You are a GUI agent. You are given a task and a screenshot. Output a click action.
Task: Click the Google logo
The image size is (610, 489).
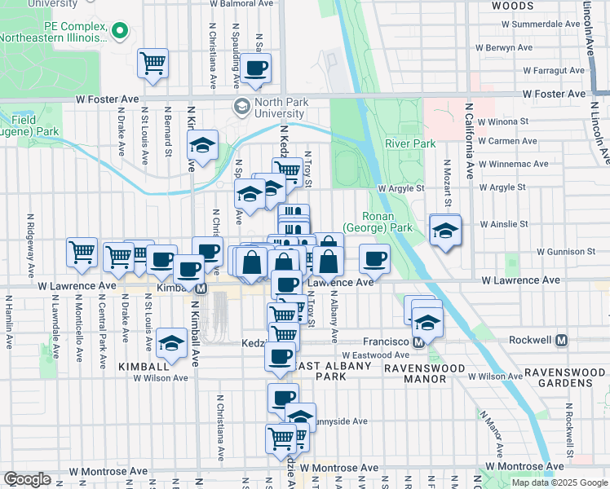tap(27, 479)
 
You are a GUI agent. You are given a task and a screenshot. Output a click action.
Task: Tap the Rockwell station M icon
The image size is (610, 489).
tap(561, 340)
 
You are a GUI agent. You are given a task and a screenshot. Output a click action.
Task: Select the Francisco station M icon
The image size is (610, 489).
tap(418, 342)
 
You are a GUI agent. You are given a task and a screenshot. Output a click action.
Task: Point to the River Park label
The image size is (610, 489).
tap(410, 144)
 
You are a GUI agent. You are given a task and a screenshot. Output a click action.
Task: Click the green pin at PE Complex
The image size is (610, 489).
tap(121, 32)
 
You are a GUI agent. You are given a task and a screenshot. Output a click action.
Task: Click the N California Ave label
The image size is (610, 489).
tap(469, 140)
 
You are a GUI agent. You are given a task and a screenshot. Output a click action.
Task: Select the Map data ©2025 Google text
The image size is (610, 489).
tap(559, 482)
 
